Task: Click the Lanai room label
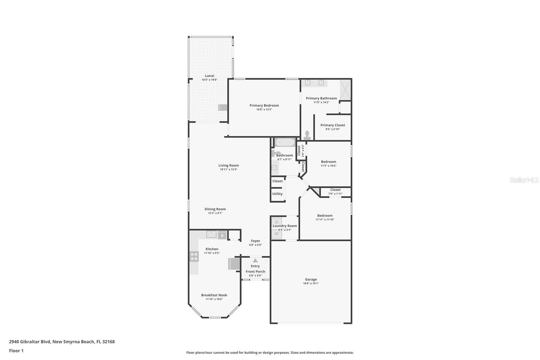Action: coord(210,76)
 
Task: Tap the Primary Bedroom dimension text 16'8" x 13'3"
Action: coord(264,109)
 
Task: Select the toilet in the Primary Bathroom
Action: coord(307,135)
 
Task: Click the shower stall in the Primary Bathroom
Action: coord(345,90)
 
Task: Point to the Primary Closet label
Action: coord(332,125)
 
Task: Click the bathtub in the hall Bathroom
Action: coord(285,143)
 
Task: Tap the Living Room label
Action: coord(228,165)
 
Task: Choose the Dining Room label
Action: coord(215,209)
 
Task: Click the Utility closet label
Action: coord(277,194)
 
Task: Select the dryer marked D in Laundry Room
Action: coord(276,222)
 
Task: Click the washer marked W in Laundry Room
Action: coord(276,234)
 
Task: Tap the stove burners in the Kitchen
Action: coord(194,257)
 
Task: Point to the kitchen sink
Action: coord(211,234)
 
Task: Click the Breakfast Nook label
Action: coord(214,295)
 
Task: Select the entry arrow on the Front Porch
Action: coord(255,260)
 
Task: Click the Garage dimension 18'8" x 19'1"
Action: coord(310,283)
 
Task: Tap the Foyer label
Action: coord(255,241)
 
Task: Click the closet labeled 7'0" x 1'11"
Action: coord(335,192)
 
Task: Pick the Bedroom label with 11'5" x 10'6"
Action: coord(328,162)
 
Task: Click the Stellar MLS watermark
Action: coord(524,180)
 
